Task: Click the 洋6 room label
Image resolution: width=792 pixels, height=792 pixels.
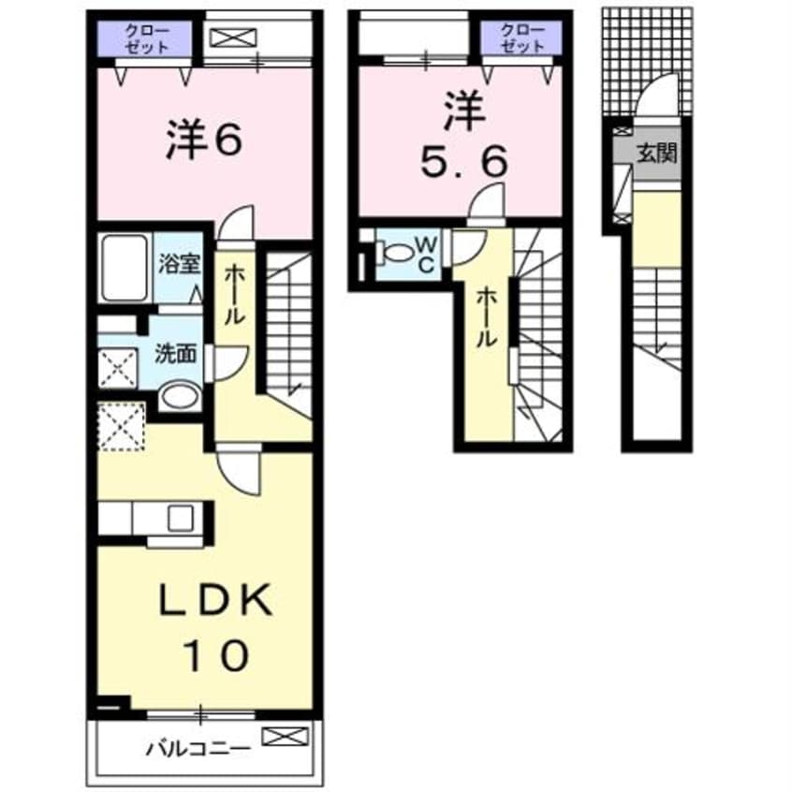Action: tap(205, 140)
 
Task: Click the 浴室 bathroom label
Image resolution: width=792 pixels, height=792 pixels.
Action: tap(181, 263)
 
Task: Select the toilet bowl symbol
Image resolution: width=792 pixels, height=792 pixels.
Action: tap(395, 252)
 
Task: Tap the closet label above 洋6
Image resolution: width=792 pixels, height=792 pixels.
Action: tap(145, 37)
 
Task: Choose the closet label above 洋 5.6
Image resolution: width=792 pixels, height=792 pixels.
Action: tap(521, 37)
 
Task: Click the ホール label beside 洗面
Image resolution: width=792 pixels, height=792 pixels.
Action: tap(234, 293)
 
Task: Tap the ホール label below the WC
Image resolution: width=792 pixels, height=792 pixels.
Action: tap(484, 317)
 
